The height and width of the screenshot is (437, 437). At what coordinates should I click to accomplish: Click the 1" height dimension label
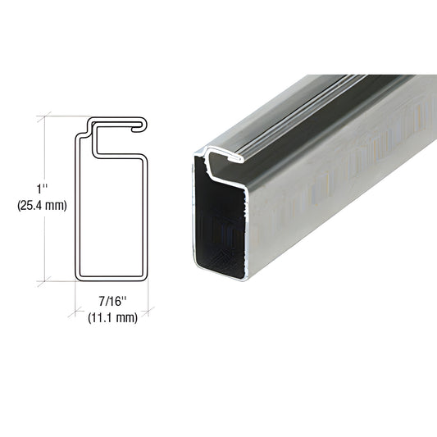click(x=42, y=189)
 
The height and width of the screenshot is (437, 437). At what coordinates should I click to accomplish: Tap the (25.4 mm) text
click(x=42, y=206)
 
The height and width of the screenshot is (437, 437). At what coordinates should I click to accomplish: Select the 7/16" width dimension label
click(x=112, y=301)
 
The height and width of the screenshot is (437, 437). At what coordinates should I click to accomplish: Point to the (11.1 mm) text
click(x=112, y=318)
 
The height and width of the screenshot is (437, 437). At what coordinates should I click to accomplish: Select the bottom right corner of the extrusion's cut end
click(x=245, y=280)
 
